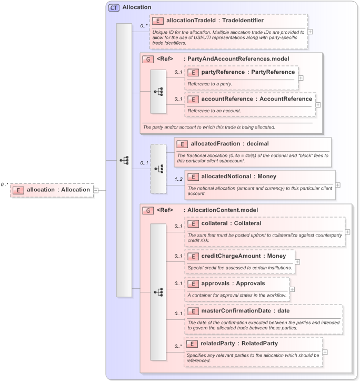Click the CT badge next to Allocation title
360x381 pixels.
tap(113, 7)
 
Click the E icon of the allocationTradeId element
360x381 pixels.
tap(157, 21)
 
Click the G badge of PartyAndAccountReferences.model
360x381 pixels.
tap(149, 58)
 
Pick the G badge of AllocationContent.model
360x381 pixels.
tap(149, 210)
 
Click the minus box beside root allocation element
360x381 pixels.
tap(96, 190)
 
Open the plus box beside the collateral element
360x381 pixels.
tap(348, 231)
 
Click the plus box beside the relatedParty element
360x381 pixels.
tap(325, 351)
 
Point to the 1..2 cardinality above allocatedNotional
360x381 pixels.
tap(178, 164)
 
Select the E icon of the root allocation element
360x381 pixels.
tap(18, 190)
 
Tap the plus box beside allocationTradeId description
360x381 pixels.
tap(310, 31)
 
